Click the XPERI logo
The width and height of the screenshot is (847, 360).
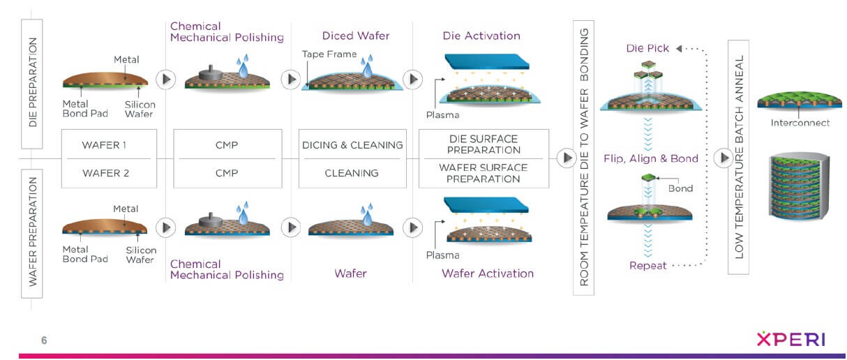pos(791,340)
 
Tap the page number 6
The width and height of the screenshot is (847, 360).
pos(44,340)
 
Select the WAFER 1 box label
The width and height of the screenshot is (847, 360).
pos(105,145)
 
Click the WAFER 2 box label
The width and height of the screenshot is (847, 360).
pos(105,172)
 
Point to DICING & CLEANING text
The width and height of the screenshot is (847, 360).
pos(352,145)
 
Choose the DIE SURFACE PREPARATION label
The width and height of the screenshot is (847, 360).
pos(484,144)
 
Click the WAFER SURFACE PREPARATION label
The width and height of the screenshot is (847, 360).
pos(484,173)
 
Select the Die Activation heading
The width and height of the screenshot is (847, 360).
pos(481,36)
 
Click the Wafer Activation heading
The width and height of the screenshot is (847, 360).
pos(487,273)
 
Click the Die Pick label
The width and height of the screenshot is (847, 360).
pos(648,49)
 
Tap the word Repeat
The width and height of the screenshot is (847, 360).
pos(648,266)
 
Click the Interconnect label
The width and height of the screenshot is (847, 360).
pos(799,123)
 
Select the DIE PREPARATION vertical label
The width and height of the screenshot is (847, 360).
pos(32,83)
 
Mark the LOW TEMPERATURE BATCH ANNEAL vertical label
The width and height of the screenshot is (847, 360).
pos(739,157)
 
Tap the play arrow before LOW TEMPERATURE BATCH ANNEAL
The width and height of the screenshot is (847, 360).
pos(724,158)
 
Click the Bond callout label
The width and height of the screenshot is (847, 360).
pos(681,188)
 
